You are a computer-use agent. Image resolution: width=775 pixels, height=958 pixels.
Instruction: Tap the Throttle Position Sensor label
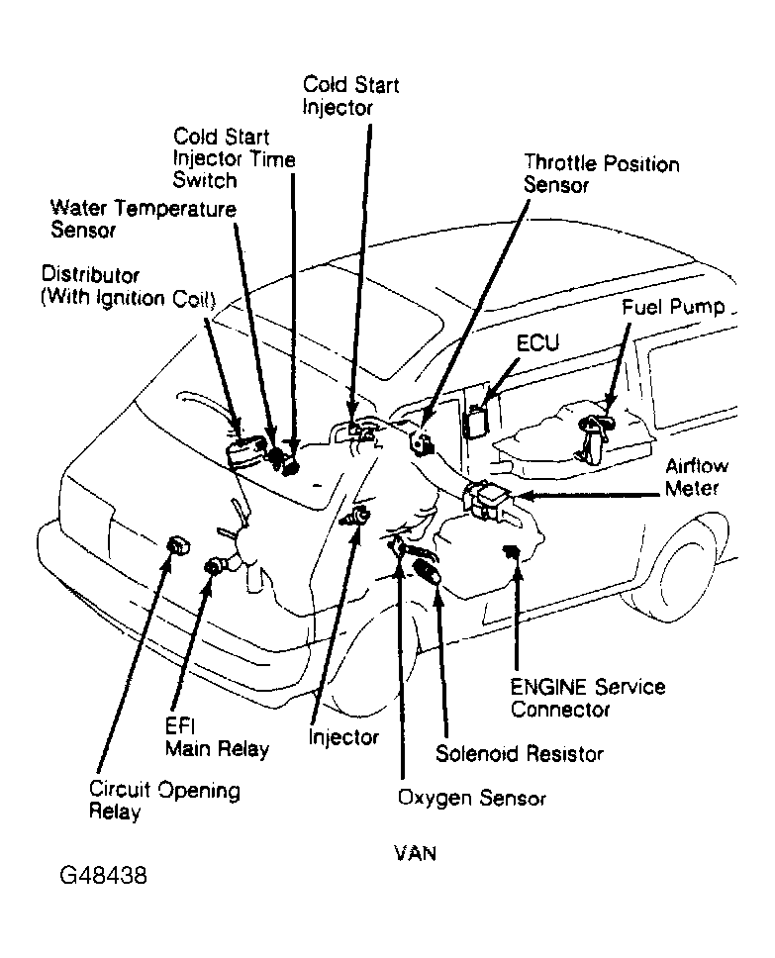coord(601,173)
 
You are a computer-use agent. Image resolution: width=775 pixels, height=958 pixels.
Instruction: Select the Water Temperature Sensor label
coord(144,220)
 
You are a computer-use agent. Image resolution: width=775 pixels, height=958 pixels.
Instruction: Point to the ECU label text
coord(537,343)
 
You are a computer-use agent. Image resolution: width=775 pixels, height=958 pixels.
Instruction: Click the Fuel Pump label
coord(673,308)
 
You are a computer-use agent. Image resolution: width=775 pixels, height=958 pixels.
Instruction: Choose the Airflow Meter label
coord(699,476)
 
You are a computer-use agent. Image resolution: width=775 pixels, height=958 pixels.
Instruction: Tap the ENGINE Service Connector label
coord(587,698)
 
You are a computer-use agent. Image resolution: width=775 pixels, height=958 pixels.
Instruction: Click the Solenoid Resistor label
coord(519,754)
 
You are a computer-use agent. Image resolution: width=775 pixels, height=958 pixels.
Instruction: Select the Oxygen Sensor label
coord(471,797)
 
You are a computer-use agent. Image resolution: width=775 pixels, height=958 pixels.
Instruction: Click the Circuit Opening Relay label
coord(164,802)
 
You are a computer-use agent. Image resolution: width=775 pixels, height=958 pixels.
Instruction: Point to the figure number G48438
coord(104,875)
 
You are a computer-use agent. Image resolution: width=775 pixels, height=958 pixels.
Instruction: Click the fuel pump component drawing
coord(592,435)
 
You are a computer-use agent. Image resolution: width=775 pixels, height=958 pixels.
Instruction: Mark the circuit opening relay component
coord(178,543)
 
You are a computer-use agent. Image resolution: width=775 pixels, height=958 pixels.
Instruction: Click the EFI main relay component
coord(215,566)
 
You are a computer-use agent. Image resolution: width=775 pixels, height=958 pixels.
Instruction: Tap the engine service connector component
coord(513,550)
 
